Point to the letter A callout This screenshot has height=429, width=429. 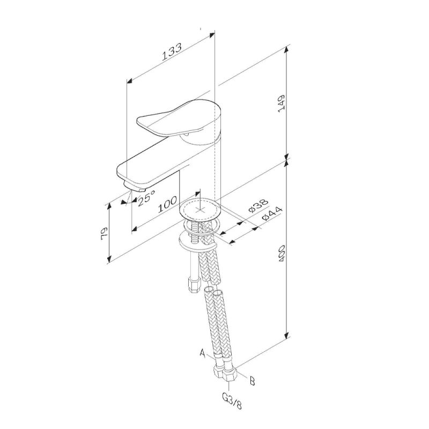coord(203,353)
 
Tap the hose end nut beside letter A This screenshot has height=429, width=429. coord(219,369)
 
